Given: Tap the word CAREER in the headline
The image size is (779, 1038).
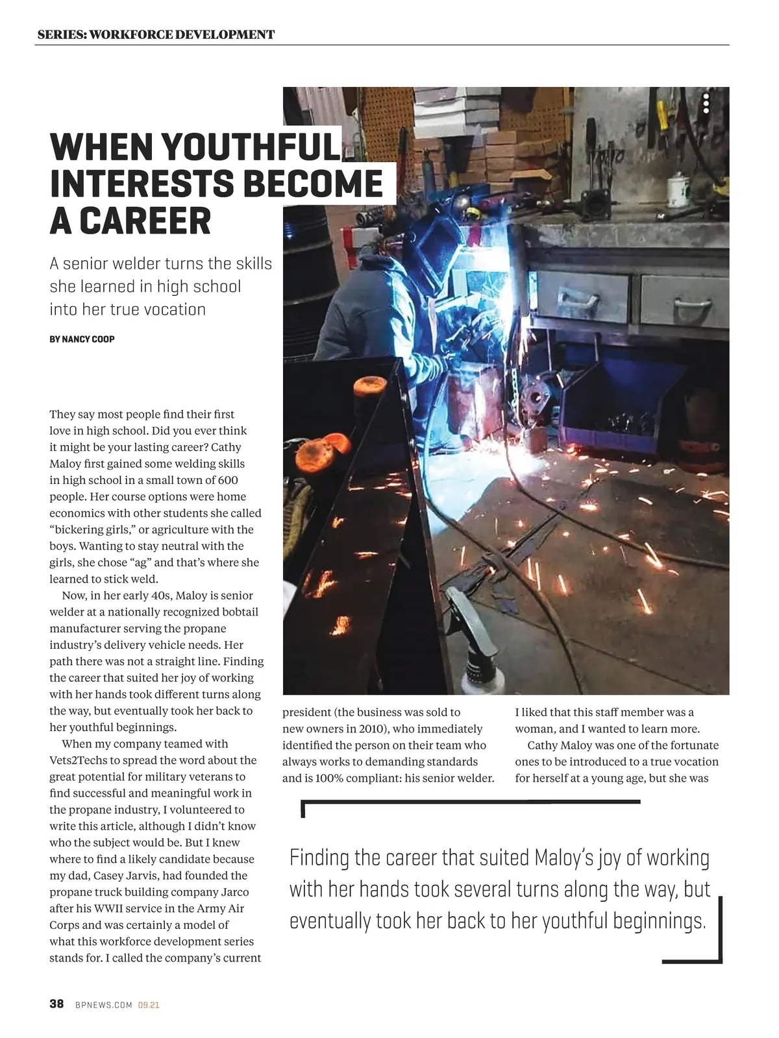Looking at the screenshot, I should click(x=145, y=221).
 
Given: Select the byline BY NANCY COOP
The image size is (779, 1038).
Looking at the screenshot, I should click(x=82, y=339).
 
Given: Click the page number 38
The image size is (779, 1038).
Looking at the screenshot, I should click(x=56, y=1004).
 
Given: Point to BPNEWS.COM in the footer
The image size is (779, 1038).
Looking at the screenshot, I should click(x=104, y=1005).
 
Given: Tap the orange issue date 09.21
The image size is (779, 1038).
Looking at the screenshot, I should click(x=149, y=1005).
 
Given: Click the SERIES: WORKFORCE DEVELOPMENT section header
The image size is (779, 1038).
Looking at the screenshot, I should click(x=156, y=34).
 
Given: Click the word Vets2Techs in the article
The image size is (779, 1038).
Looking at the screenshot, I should click(x=77, y=760).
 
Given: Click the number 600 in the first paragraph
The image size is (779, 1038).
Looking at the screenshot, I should click(x=227, y=480).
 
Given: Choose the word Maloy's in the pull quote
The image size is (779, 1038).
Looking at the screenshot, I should click(x=563, y=858).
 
